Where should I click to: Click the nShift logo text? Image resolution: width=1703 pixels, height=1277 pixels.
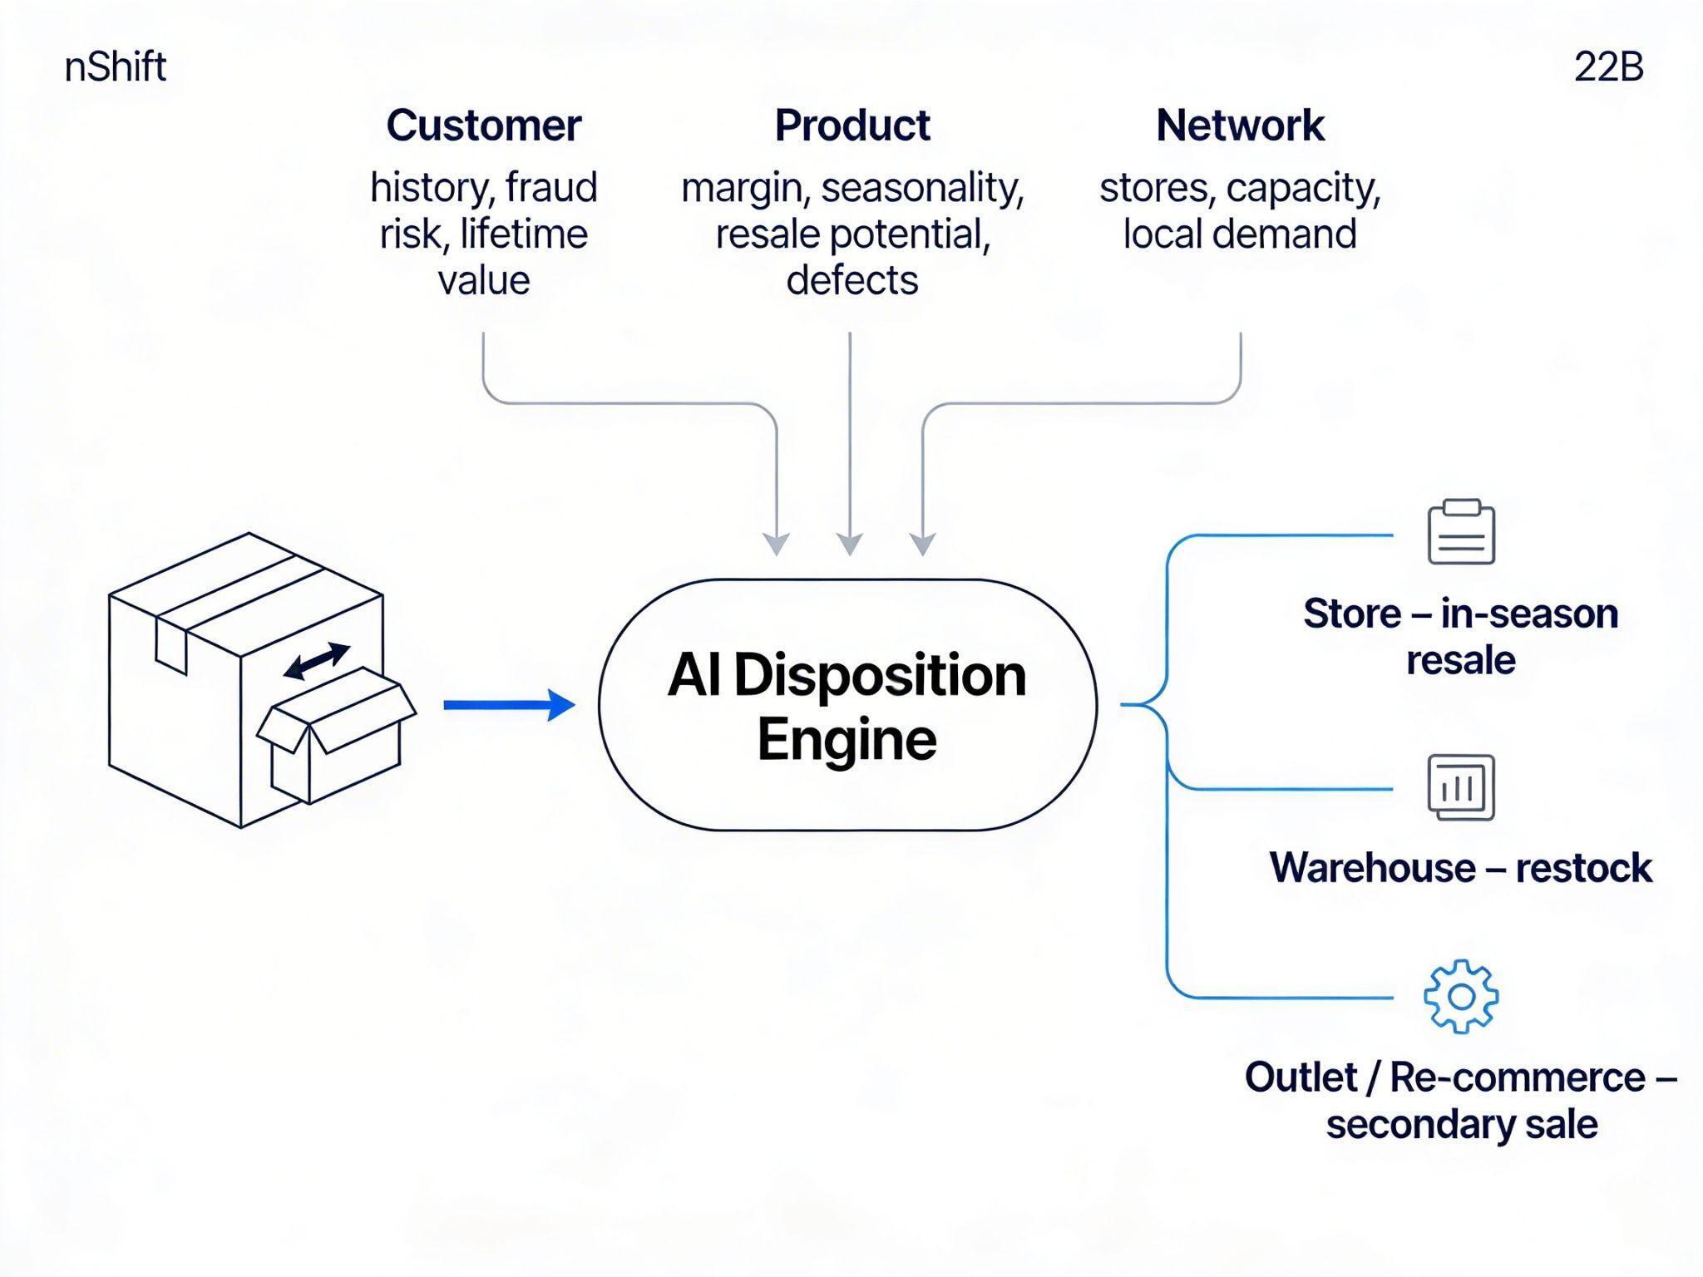[x=115, y=67]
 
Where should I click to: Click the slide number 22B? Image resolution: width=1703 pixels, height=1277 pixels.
[x=1608, y=67]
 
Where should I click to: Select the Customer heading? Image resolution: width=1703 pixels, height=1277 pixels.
[x=483, y=126]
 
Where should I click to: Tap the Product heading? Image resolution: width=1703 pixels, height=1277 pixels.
[x=851, y=126]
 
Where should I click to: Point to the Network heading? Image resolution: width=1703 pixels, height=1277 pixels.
[x=1239, y=126]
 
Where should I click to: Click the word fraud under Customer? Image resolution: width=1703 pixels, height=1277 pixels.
[x=551, y=187]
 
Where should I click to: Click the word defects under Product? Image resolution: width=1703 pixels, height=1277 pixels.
[x=851, y=280]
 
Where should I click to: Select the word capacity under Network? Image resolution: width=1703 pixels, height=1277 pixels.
[x=1302, y=187]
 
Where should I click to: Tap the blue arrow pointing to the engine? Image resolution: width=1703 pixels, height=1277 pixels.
[x=509, y=705]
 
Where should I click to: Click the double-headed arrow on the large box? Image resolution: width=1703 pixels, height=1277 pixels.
[x=317, y=661]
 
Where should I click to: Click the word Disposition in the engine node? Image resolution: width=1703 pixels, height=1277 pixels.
[x=880, y=675]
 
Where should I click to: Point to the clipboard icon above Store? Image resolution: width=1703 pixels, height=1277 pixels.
[x=1461, y=533]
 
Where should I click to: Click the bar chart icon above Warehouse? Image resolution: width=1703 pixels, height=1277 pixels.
[x=1461, y=787]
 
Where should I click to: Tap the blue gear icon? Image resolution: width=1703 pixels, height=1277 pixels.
[x=1461, y=996]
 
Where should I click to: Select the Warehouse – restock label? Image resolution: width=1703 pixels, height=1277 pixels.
[x=1460, y=868]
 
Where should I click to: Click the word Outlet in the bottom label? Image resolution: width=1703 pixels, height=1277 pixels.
[x=1301, y=1077]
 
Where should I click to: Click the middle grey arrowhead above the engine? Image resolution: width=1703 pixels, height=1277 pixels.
[x=849, y=545]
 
